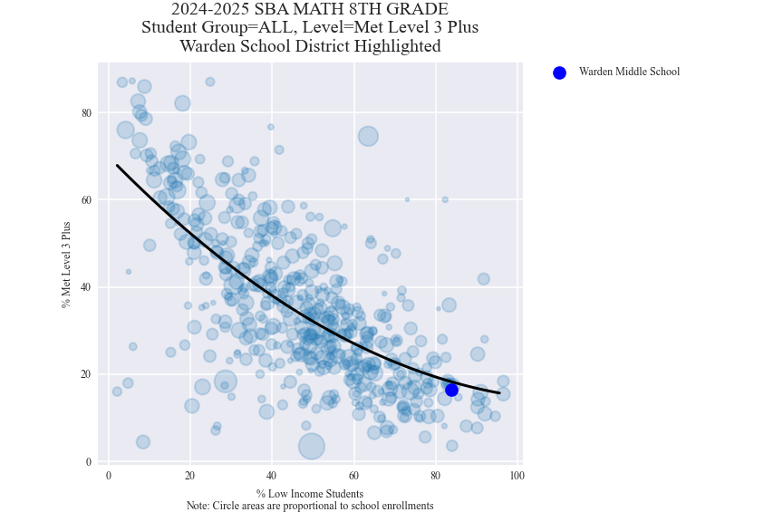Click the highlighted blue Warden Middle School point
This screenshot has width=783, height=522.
pos(451,390)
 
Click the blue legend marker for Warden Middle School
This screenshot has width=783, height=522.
pos(559,72)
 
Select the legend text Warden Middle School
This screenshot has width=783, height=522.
pos(629,72)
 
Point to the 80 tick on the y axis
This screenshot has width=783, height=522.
pos(87,112)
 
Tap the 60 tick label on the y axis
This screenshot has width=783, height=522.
pos(87,200)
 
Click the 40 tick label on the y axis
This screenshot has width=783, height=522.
pos(87,287)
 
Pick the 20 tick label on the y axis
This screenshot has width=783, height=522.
pos(87,374)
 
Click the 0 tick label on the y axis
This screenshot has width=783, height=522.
pos(89,462)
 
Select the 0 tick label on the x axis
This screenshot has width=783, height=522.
pos(109,476)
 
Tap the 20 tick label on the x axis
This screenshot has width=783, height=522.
pos(190,476)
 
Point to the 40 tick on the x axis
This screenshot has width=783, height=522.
pos(272,476)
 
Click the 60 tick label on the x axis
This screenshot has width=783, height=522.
pos(353,476)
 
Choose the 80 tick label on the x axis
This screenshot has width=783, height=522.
pos(435,476)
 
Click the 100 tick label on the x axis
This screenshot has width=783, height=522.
pos(517,476)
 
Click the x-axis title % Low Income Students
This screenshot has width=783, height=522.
pos(310,494)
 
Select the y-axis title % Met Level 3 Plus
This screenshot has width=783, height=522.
pos(65,264)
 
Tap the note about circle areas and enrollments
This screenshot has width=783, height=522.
pos(310,506)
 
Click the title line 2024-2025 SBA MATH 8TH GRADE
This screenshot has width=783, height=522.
pos(310,10)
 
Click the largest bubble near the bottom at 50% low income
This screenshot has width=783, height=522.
pos(312,446)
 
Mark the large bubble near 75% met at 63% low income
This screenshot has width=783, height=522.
pos(368,136)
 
